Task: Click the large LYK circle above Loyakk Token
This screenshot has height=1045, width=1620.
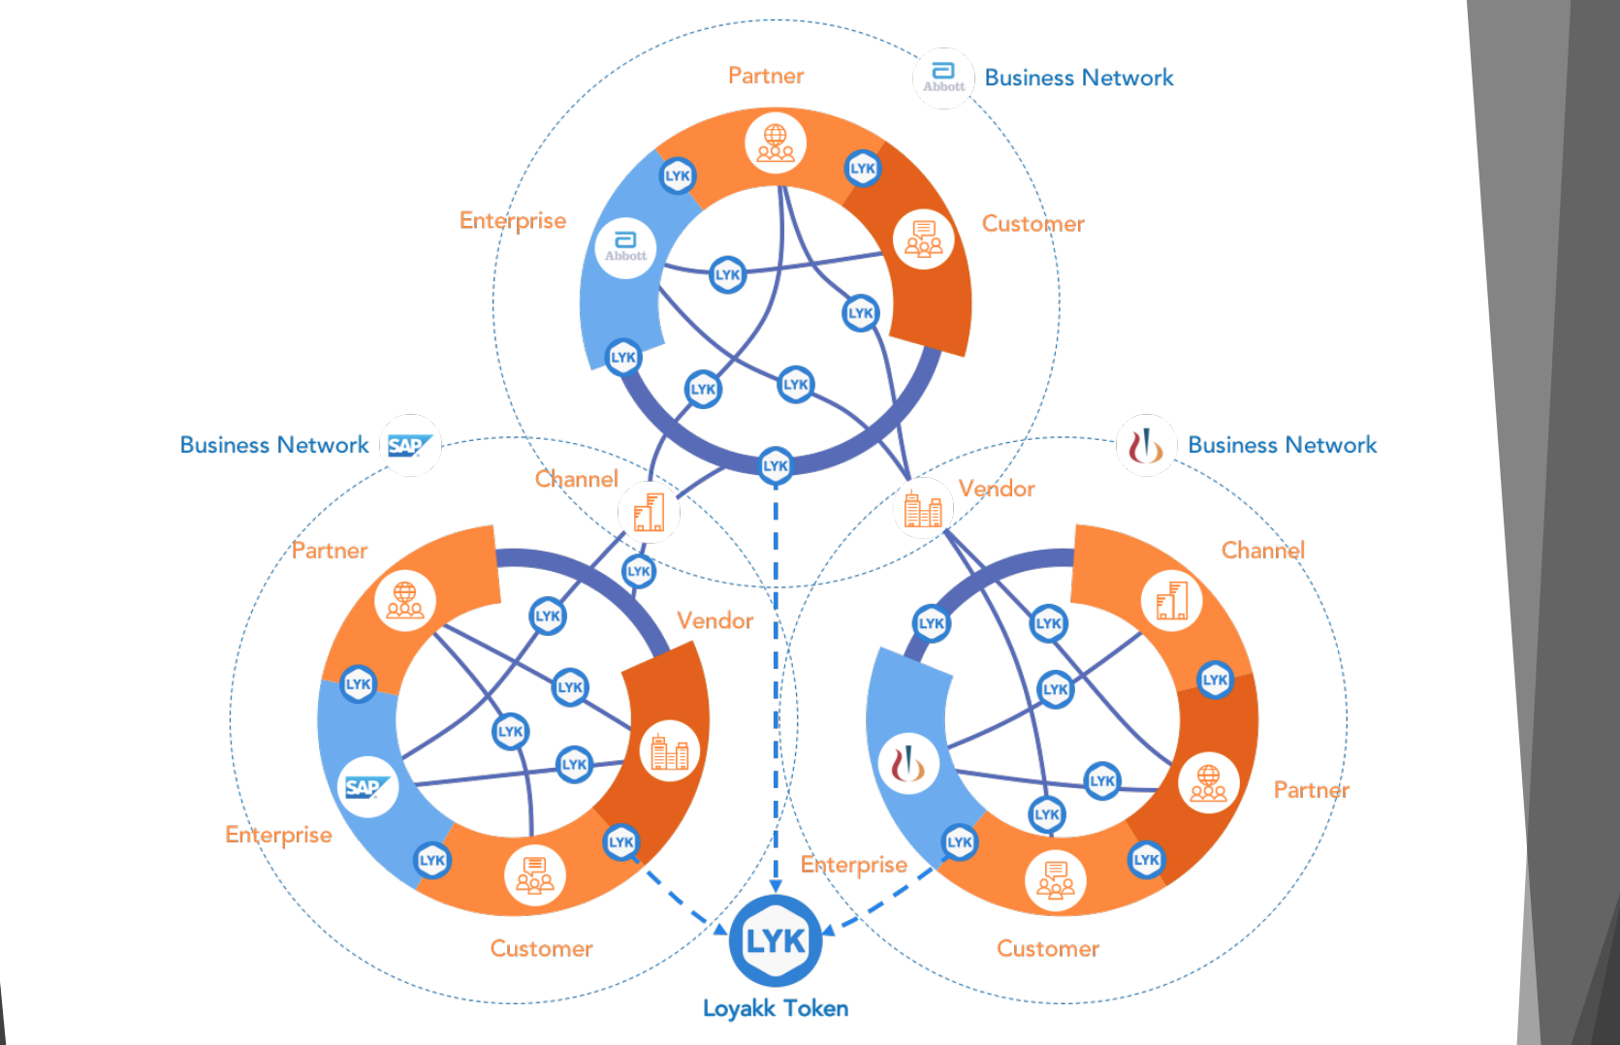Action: click(776, 940)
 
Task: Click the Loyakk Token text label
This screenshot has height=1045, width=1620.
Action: click(776, 1008)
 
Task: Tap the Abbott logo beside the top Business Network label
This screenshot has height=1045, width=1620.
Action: click(943, 78)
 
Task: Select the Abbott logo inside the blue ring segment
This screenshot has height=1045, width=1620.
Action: click(625, 248)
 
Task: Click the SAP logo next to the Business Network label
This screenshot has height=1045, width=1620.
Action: click(410, 445)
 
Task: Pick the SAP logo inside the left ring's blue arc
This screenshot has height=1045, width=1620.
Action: click(367, 787)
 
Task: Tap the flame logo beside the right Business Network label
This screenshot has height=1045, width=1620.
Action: click(1146, 446)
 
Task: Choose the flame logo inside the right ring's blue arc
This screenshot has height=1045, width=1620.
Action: click(907, 764)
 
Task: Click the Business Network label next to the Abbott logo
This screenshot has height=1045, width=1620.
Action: click(1079, 78)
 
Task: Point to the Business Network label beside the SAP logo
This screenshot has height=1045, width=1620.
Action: click(274, 445)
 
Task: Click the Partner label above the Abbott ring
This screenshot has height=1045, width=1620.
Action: click(766, 76)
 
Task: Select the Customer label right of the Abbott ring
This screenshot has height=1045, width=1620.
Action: click(1033, 224)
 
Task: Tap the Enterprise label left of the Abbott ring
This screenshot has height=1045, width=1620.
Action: click(513, 221)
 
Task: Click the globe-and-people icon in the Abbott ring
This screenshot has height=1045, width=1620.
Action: click(776, 142)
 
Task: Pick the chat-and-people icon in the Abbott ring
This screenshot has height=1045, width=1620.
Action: click(923, 238)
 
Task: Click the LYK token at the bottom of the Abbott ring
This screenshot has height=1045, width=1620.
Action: click(776, 465)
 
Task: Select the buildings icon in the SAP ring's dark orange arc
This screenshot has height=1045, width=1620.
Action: click(669, 751)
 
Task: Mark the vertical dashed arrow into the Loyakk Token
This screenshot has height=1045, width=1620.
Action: click(776, 679)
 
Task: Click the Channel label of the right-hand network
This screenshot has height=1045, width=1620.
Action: click(1263, 551)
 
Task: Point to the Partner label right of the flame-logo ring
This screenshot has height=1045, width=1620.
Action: click(1311, 790)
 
